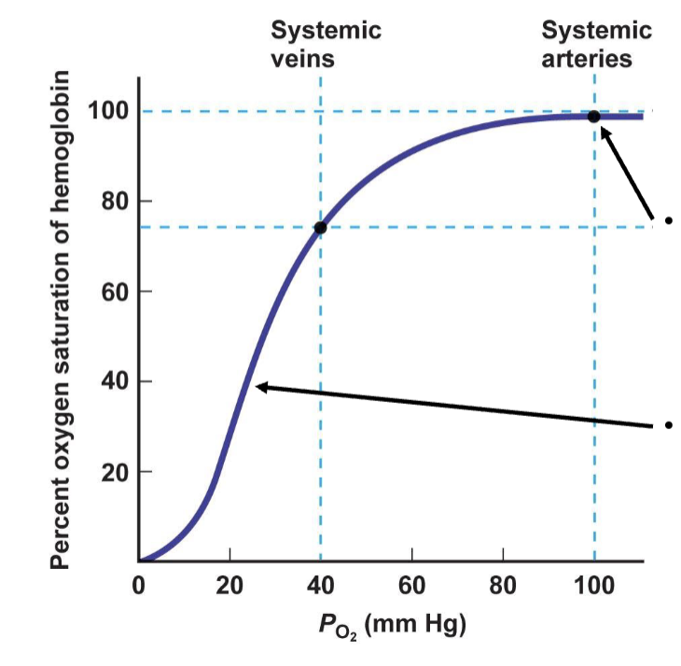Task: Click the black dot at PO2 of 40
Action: click(320, 228)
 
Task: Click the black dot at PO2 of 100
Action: click(593, 117)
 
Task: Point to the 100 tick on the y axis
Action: click(108, 112)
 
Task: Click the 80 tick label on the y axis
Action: click(114, 201)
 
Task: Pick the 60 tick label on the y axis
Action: click(114, 292)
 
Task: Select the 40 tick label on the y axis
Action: click(114, 382)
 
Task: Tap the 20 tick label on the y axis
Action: click(114, 472)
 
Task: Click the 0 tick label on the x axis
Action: click(139, 586)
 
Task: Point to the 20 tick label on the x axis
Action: click(229, 586)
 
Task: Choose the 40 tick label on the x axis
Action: click(320, 586)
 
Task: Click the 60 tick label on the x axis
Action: click(411, 586)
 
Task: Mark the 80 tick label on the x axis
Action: click(503, 586)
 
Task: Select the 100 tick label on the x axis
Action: click(594, 586)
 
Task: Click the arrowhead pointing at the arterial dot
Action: click(605, 132)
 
